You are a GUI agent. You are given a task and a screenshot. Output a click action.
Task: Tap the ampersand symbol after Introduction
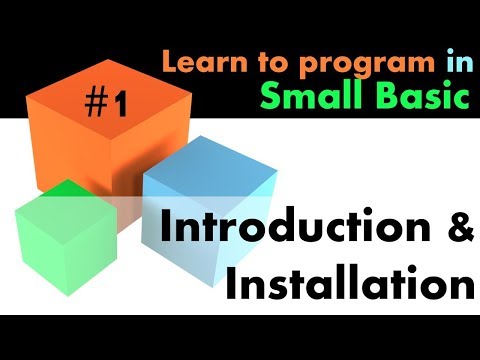(456, 231)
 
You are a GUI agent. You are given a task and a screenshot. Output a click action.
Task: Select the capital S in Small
(270, 97)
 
